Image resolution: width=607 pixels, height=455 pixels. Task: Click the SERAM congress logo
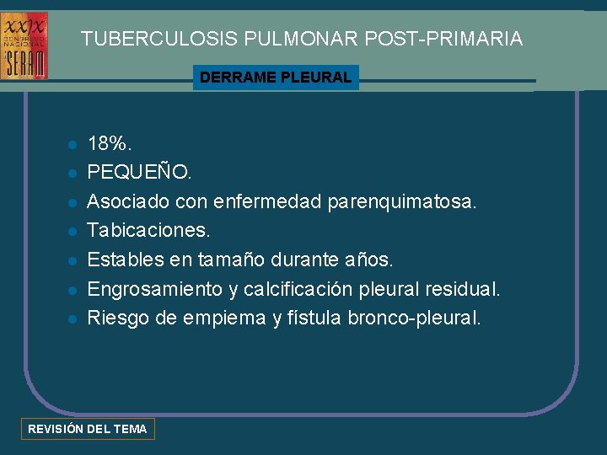[24, 45]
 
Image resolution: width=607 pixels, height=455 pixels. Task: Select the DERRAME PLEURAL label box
[276, 78]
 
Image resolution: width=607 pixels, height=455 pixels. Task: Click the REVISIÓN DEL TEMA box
[88, 429]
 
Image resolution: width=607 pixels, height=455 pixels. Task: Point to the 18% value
[109, 143]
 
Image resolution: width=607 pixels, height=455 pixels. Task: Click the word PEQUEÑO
[139, 173]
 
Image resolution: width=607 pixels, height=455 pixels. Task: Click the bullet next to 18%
[73, 144]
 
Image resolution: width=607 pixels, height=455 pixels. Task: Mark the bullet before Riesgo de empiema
[73, 319]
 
